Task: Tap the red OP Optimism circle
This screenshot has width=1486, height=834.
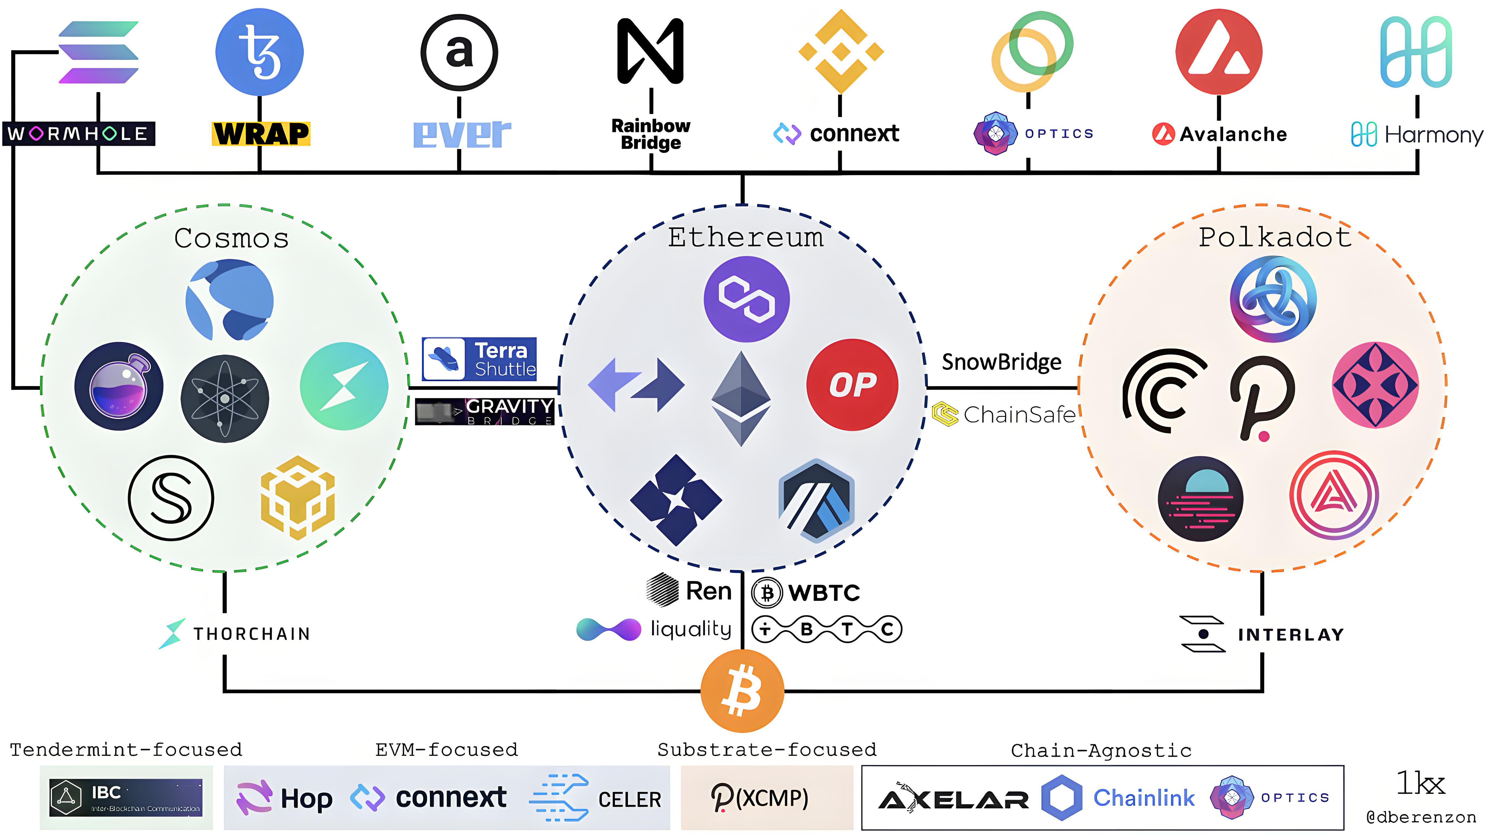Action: coord(852,385)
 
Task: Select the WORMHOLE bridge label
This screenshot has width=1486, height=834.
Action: coord(78,134)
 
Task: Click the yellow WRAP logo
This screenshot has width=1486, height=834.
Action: coord(261,134)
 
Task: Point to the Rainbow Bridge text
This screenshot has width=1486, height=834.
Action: coord(651,134)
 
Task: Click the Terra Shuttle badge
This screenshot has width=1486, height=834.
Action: coord(479,359)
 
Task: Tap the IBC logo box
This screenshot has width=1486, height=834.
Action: coord(126,798)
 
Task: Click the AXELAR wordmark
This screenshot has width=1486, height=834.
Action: coord(953,799)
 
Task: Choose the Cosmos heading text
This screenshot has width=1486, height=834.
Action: coord(231,238)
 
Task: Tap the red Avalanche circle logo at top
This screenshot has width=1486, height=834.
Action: coord(1218,52)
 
